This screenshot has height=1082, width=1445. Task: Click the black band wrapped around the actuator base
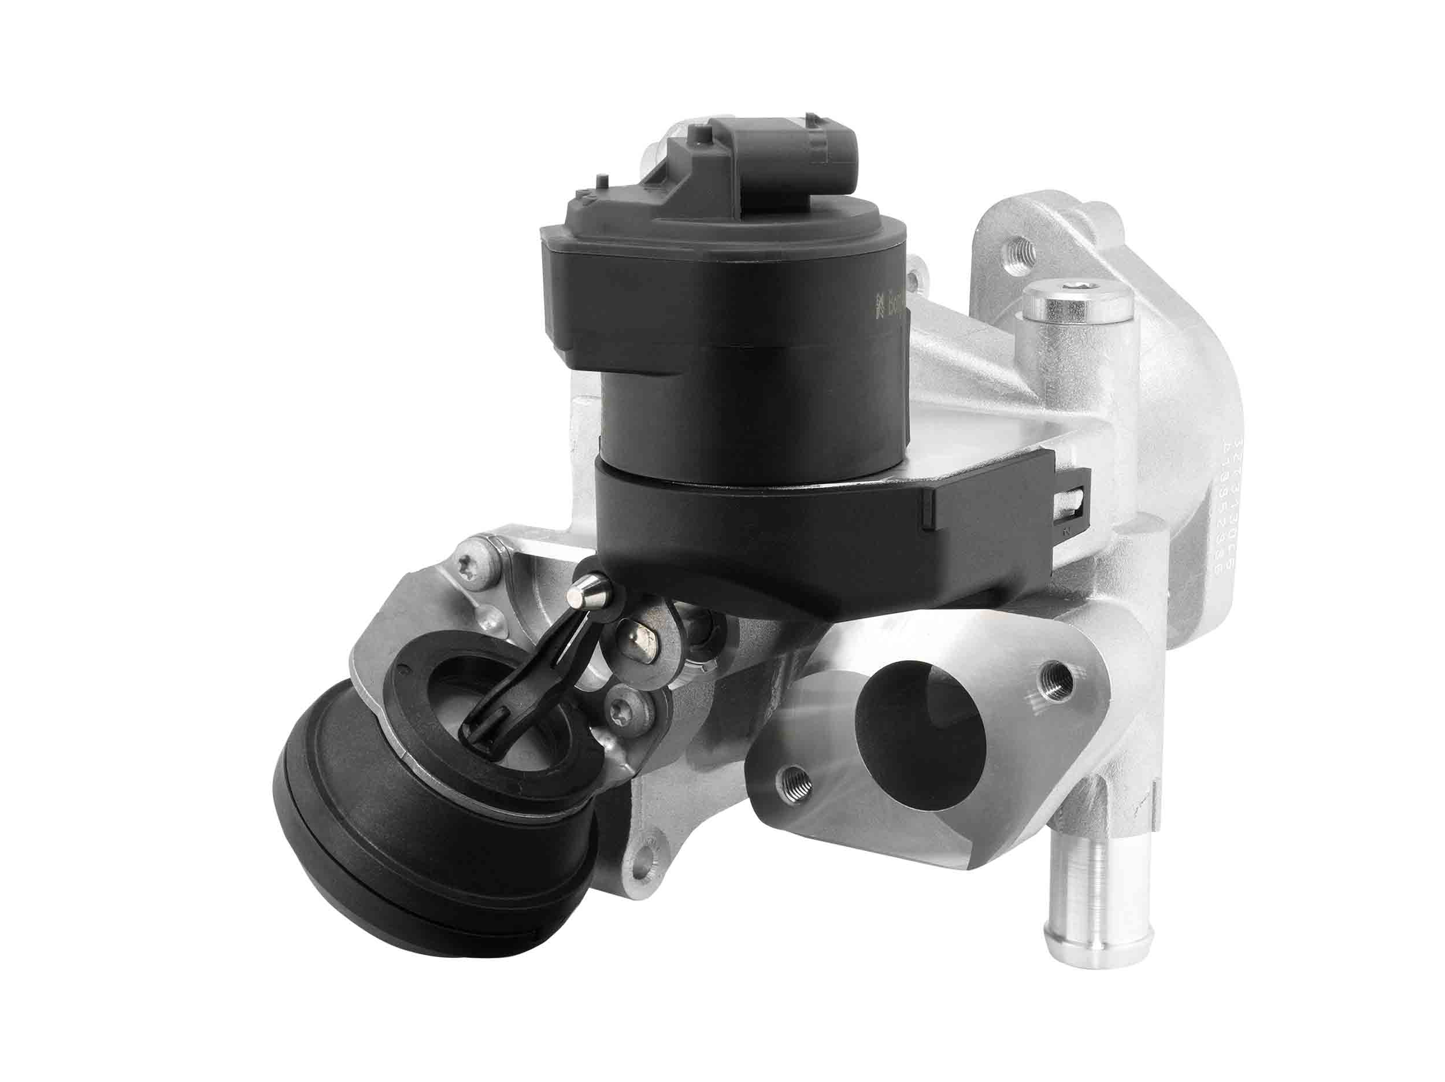[784, 523]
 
